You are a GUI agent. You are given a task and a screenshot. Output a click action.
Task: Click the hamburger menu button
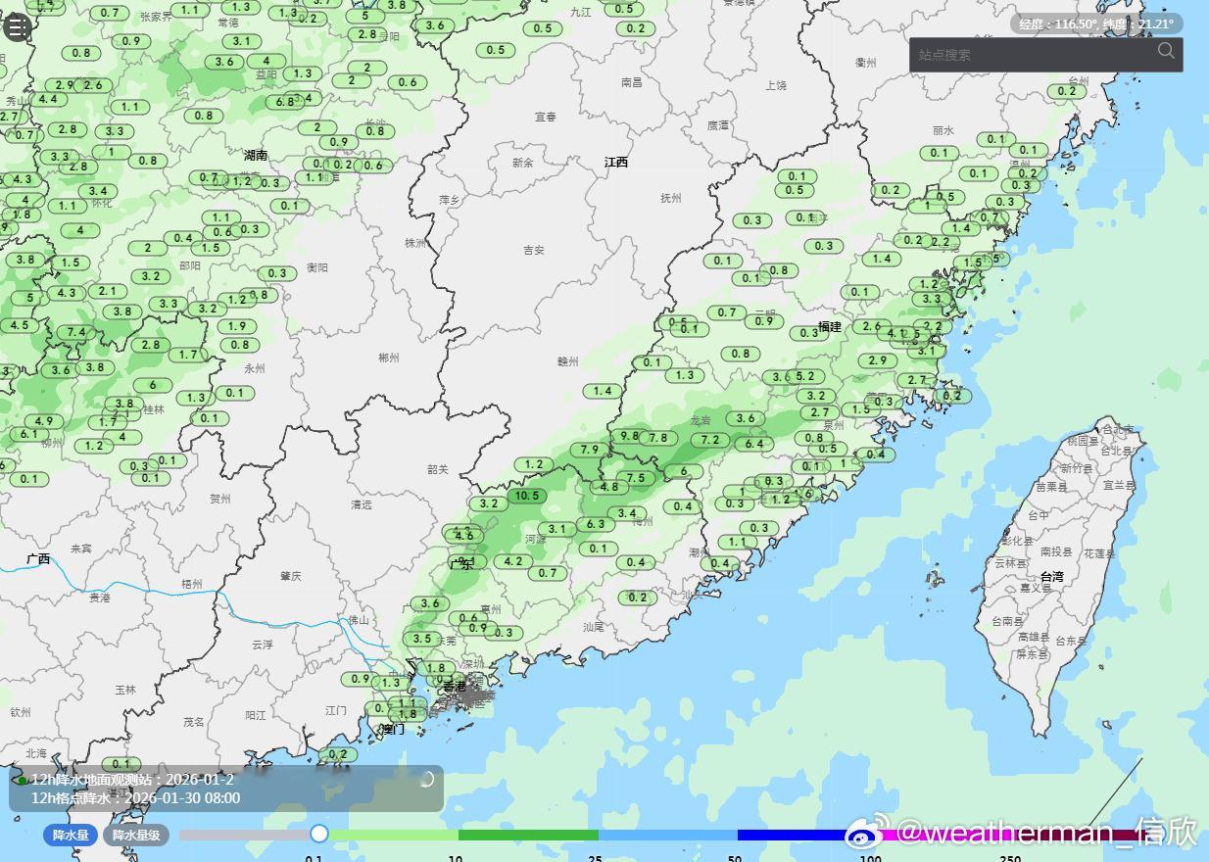pos(17,26)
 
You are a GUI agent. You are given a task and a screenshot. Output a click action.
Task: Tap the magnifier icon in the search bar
pos(1166,51)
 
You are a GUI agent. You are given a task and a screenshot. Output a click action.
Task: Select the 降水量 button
pos(71,836)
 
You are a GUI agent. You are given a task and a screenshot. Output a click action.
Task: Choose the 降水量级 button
pos(135,836)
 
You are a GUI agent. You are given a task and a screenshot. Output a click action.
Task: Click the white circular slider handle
pos(318,834)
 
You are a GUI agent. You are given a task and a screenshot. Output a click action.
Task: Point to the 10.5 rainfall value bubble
pos(526,496)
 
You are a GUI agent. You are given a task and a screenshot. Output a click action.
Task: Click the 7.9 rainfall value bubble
pos(590,450)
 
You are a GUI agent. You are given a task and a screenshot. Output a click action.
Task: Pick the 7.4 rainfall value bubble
pos(76,332)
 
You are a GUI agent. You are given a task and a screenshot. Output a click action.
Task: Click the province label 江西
pos(616,163)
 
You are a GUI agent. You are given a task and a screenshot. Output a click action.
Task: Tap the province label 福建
pos(830,327)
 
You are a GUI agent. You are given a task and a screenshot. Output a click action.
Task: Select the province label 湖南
pos(256,155)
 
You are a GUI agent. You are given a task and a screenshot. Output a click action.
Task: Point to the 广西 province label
pos(38,559)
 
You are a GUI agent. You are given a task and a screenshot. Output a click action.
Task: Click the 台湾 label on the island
pos(1051,577)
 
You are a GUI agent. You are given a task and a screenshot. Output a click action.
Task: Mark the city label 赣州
pos(568,361)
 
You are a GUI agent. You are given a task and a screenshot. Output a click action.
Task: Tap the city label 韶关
pos(438,470)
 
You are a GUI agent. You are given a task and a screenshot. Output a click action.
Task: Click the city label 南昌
pos(632,82)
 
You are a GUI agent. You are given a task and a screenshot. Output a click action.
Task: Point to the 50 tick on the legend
pos(735,858)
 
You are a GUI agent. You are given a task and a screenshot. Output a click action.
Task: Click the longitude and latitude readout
pos(1096,24)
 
